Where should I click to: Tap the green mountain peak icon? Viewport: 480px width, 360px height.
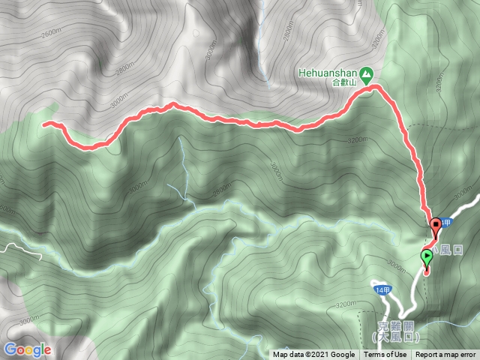[x=367, y=73]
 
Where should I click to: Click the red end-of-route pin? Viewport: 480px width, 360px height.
[x=436, y=223]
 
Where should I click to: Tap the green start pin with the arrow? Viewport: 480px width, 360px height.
[x=427, y=259]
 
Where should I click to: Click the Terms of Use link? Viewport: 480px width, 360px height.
[x=385, y=355]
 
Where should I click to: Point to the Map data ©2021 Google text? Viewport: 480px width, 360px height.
[x=313, y=355]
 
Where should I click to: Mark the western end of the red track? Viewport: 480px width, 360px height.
[x=45, y=124]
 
